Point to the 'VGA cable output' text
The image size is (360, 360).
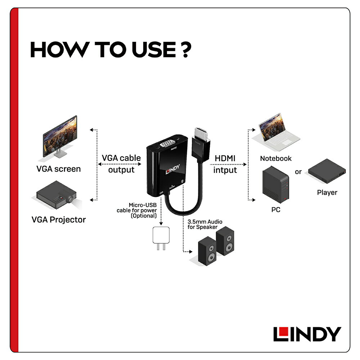pos(121,163)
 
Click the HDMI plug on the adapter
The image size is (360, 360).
pos(202,139)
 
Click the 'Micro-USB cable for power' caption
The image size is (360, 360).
pos(137,210)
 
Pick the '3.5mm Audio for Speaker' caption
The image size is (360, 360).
pos(205,224)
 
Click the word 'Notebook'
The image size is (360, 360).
pos(276,158)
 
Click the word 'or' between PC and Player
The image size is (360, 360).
pos(298,172)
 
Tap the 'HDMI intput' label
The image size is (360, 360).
pos(225,164)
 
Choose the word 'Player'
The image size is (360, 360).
pos(327,193)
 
